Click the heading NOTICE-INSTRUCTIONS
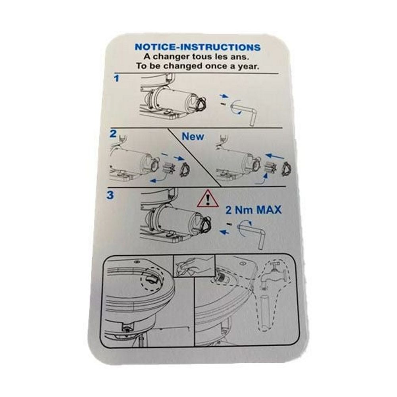point(197,47)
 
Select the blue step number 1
point(116,79)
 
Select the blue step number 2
point(113,134)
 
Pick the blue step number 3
point(110,195)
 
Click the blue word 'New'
point(193,137)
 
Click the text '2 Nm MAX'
point(253,210)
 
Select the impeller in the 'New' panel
point(272,168)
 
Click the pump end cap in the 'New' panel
point(286,168)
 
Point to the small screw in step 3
point(229,224)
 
